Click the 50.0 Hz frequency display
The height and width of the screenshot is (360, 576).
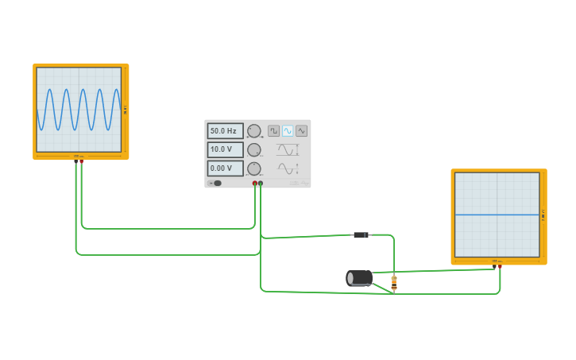(x=225, y=131)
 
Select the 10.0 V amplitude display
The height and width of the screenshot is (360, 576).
(x=225, y=149)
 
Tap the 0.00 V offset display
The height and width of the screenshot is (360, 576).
(x=225, y=168)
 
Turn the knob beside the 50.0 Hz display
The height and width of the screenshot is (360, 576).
(x=254, y=131)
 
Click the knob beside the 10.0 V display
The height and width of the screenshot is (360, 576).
(x=254, y=149)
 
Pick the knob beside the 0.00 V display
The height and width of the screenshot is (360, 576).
(x=254, y=168)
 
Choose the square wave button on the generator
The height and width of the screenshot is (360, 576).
(x=273, y=131)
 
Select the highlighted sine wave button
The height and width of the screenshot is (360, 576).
(x=288, y=131)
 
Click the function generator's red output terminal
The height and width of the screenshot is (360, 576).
(x=255, y=184)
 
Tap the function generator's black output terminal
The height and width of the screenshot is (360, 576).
(x=261, y=184)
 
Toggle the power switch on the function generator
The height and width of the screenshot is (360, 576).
(x=215, y=184)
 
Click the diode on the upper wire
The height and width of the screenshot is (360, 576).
(x=361, y=235)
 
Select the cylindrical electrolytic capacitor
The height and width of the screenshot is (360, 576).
(x=359, y=277)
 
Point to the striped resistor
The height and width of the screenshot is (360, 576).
(x=394, y=281)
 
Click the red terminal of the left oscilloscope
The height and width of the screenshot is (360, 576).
(x=81, y=161)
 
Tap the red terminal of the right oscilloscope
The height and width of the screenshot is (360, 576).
(x=499, y=266)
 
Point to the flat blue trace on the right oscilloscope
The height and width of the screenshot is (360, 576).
(x=497, y=215)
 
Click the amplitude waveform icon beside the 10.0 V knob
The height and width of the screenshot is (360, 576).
(x=285, y=149)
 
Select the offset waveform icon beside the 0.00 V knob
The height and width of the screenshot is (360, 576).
(x=285, y=168)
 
